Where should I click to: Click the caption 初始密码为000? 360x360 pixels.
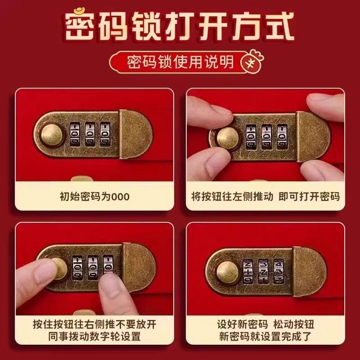[94, 197]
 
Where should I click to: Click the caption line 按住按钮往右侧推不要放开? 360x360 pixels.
[94, 324]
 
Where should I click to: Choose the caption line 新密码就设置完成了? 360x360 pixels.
[265, 337]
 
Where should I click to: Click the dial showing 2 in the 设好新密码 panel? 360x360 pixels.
[247, 270]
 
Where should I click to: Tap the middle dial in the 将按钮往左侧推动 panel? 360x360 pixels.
[267, 135]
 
